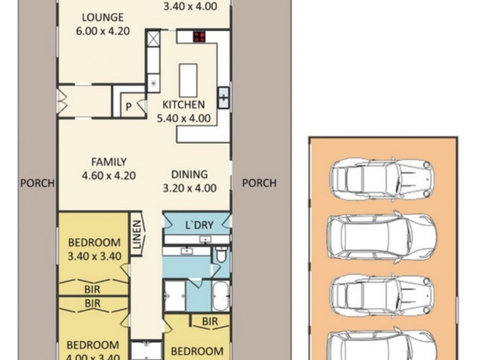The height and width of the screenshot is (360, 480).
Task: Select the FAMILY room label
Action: click(109, 161)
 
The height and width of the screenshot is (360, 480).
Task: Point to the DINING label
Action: click(189, 175)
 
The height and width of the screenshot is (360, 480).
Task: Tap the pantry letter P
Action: click(128, 107)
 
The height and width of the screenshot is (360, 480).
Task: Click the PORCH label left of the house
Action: click(37, 183)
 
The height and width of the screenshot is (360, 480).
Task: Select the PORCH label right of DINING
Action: click(259, 183)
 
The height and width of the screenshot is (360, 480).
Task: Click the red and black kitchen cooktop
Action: click(200, 37)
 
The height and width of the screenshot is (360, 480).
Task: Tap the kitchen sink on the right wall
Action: click(223, 96)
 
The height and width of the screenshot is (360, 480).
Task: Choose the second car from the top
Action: click(382, 235)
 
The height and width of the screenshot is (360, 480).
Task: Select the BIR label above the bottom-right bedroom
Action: click(209, 322)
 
